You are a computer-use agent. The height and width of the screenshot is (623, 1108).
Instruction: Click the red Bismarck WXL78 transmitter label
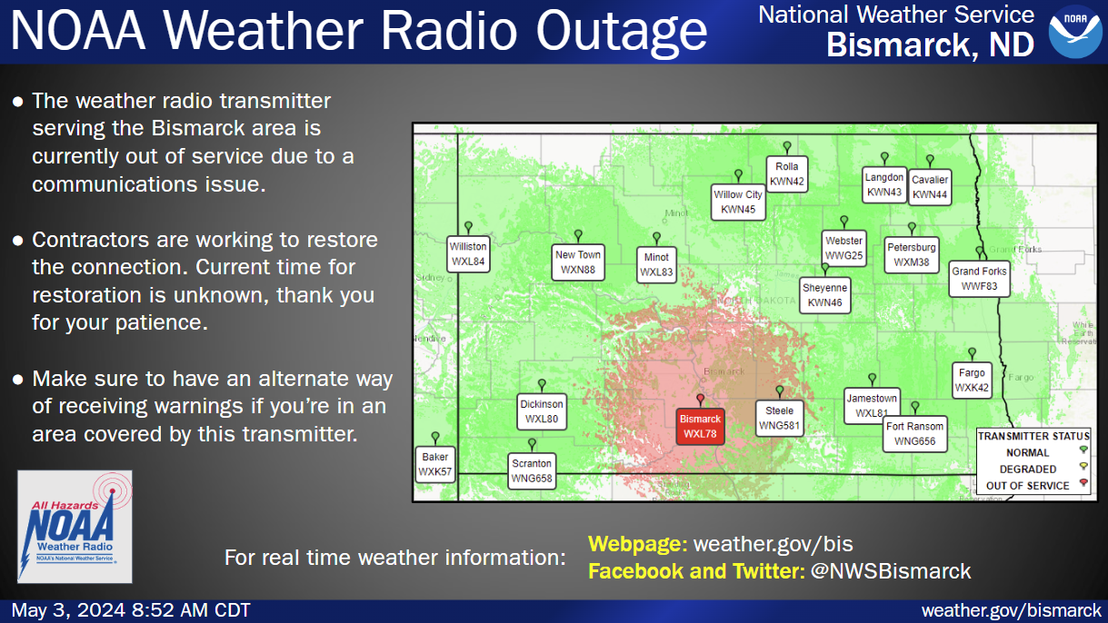700,426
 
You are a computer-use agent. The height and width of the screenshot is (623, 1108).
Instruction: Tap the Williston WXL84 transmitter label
468,254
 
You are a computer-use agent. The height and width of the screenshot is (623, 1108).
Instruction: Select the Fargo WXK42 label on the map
972,381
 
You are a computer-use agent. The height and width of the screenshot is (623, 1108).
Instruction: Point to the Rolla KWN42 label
787,173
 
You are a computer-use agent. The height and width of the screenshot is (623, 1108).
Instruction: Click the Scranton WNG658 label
532,470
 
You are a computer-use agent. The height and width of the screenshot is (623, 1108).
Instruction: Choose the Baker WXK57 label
434,464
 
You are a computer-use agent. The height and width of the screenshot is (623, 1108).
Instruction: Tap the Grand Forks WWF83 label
979,279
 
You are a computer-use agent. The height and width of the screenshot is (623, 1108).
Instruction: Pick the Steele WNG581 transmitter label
779,418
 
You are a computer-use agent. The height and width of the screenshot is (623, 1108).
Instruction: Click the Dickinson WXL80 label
541,411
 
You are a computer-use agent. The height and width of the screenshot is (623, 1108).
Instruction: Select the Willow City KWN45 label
738,203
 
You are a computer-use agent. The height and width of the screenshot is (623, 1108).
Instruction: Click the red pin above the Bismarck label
700,400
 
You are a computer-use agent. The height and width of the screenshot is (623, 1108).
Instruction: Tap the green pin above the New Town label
578,235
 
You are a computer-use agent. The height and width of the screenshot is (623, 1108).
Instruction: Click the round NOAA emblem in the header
1075,31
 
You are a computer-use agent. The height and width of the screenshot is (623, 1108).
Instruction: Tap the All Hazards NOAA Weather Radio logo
75,527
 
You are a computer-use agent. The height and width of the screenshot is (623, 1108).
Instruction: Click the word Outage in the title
622,33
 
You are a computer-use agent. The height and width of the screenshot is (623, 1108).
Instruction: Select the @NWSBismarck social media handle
891,571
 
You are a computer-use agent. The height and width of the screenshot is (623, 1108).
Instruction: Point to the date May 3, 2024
68,610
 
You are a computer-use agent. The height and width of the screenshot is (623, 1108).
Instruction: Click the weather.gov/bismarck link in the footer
1011,610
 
